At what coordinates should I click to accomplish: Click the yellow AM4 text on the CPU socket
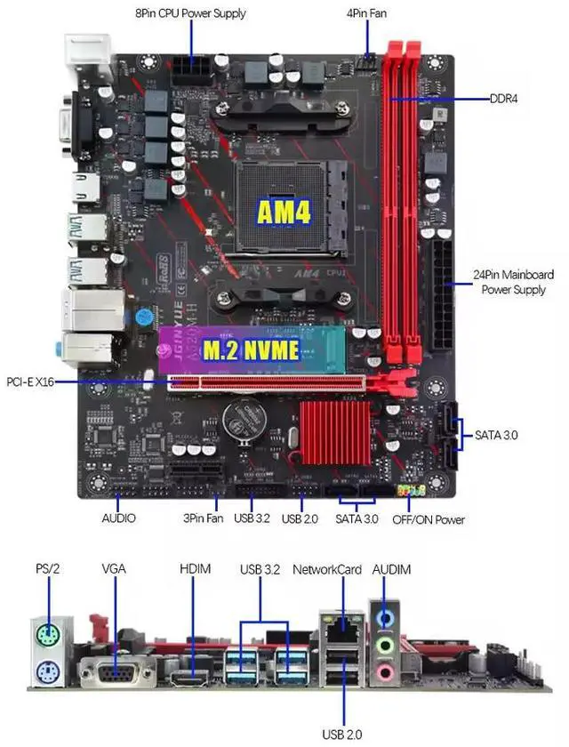tap(284, 211)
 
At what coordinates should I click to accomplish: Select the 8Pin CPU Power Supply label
tap(190, 13)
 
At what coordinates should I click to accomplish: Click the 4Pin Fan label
tap(366, 13)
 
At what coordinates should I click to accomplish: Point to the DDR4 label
tap(503, 98)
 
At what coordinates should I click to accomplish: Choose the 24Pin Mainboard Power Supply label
tap(513, 282)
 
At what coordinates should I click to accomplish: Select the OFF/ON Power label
tap(429, 519)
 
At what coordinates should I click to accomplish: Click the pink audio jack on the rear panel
tap(385, 672)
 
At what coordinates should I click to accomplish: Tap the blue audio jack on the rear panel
tap(385, 616)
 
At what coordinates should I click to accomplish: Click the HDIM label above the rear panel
tap(195, 569)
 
